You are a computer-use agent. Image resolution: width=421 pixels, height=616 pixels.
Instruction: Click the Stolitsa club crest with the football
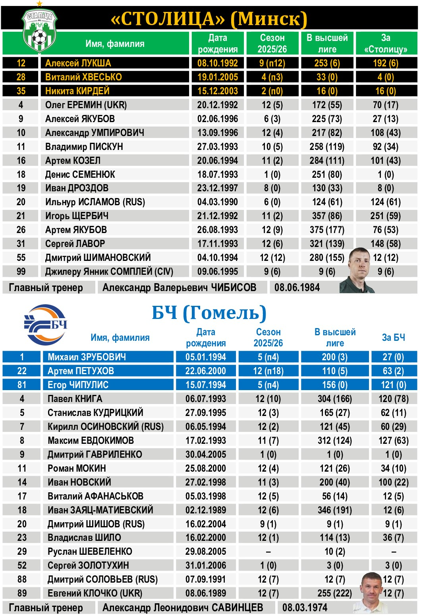(39, 32)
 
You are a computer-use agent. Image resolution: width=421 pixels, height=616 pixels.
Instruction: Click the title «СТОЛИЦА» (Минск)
(209, 19)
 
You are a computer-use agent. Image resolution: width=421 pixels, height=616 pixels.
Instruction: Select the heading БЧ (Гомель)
(209, 313)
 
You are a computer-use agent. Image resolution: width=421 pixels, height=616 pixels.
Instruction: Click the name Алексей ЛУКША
(78, 63)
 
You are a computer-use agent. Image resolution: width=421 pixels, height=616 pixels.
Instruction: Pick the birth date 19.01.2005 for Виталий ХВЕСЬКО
(218, 77)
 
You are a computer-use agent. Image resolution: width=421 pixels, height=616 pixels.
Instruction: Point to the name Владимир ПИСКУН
(84, 147)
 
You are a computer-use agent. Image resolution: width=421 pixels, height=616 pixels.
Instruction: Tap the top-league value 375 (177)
(327, 230)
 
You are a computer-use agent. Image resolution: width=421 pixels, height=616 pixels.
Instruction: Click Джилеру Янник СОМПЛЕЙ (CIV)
(109, 272)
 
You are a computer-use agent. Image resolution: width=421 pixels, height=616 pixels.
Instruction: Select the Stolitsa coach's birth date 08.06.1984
(297, 288)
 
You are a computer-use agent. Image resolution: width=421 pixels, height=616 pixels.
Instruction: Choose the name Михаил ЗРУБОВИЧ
(87, 357)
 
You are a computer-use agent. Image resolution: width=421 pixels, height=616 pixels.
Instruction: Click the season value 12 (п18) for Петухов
(268, 371)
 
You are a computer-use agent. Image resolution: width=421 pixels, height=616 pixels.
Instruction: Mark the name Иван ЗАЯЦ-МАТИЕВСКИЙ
(100, 510)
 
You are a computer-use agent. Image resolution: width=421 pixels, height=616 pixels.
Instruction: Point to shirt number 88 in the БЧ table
(22, 579)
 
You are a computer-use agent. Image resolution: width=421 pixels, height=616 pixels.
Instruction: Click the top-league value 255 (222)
(334, 593)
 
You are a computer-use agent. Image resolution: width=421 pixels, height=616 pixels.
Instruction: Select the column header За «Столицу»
(386, 43)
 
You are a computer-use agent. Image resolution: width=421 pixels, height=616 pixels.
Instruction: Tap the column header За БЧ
(393, 338)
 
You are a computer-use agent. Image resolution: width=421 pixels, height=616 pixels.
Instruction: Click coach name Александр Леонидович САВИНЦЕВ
(183, 608)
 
